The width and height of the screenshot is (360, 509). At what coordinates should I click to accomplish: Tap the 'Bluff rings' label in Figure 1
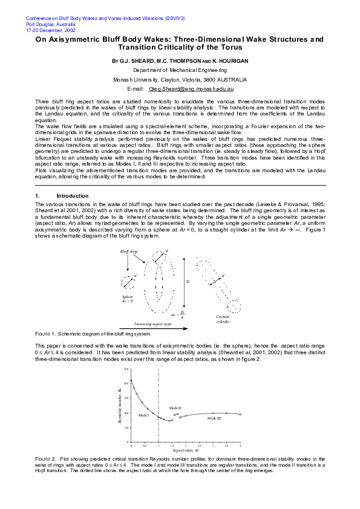coord(129,251)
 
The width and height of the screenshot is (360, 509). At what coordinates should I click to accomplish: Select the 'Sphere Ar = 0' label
coord(128,299)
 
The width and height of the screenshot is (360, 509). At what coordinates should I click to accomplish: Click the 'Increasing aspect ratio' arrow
coord(154,329)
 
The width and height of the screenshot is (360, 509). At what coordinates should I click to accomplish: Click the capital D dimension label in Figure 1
coord(188,282)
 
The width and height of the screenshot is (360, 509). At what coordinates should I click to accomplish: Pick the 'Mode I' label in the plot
coord(143,415)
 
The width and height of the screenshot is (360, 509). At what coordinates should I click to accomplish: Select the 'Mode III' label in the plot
coord(214,418)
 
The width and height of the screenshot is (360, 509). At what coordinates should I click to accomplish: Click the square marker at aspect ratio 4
coord(240,414)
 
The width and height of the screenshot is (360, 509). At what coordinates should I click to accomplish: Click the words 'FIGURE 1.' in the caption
coord(45,334)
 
